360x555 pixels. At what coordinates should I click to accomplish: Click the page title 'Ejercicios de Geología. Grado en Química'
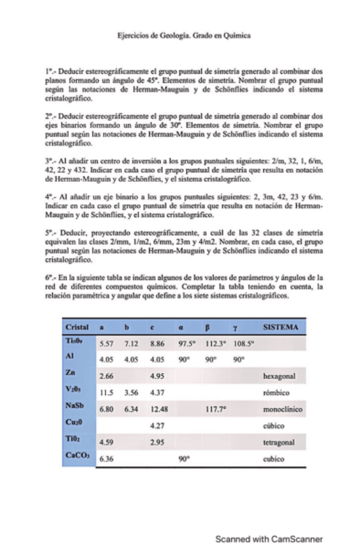(x=179, y=36)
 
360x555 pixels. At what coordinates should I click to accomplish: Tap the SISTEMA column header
(x=280, y=327)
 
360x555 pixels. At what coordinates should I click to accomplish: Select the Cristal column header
(x=77, y=327)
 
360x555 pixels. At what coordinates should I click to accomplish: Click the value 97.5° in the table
(x=187, y=342)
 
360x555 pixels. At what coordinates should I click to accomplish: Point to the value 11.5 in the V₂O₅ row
(x=105, y=393)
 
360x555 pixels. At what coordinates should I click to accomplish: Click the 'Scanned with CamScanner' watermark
(x=269, y=539)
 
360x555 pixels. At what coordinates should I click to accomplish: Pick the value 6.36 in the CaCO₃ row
(x=106, y=459)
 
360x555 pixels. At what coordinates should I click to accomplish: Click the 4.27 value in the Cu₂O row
(x=157, y=426)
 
